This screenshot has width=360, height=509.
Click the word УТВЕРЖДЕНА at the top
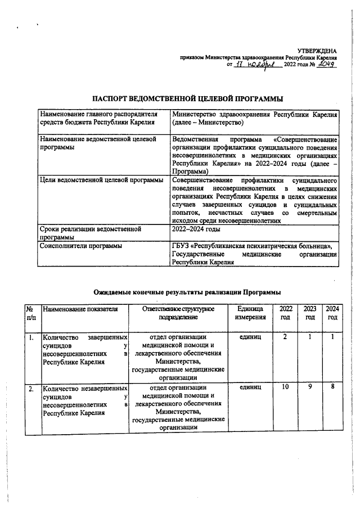click(x=317, y=51)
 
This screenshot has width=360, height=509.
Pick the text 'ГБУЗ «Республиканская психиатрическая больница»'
click(x=252, y=245)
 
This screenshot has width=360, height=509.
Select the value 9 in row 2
click(x=309, y=388)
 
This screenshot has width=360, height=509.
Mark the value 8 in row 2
click(x=332, y=388)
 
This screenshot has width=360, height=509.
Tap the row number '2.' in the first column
click(x=31, y=388)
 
